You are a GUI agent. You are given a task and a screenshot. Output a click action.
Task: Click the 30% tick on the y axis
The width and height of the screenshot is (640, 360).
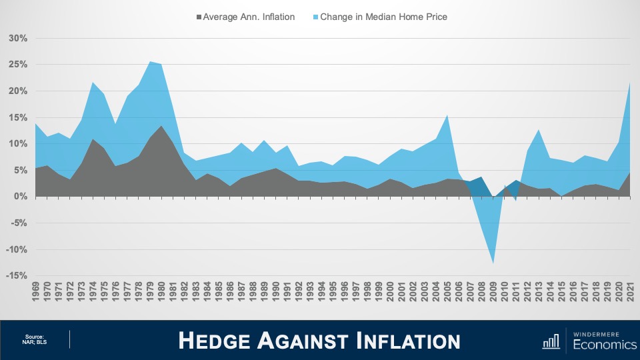click(18, 38)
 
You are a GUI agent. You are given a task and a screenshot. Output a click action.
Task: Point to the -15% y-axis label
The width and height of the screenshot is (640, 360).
click(16, 276)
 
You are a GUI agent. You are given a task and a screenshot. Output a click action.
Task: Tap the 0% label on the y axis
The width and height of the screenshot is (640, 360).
click(21, 197)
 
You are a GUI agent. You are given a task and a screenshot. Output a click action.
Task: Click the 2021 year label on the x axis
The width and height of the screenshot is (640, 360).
click(630, 293)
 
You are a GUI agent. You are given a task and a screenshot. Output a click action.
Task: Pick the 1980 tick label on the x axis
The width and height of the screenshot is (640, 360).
click(161, 293)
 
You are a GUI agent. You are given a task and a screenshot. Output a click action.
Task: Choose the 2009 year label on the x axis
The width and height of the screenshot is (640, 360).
click(493, 293)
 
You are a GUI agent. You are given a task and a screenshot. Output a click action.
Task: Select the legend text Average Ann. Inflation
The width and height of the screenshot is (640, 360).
click(249, 17)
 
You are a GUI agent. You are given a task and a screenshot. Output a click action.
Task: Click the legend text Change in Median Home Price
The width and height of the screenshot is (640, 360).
click(383, 17)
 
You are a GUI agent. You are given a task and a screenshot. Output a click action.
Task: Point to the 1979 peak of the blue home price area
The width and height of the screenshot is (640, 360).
click(150, 62)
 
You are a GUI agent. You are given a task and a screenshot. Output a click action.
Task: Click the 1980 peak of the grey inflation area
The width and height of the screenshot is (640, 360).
click(161, 126)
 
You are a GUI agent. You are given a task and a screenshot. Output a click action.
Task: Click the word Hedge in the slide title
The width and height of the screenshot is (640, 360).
click(217, 341)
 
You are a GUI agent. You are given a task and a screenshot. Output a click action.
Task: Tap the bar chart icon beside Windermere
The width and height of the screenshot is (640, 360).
click(551, 341)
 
